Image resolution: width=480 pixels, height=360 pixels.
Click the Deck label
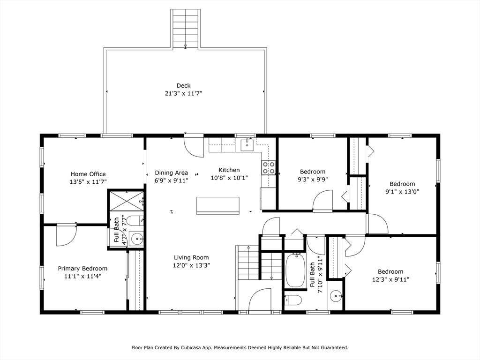point(183,86)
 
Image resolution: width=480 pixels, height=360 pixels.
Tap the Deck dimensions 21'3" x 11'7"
point(183,93)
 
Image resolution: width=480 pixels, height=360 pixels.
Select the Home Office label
point(88,174)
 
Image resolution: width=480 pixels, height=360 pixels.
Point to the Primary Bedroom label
point(82,269)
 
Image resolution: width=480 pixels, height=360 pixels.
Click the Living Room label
point(191,258)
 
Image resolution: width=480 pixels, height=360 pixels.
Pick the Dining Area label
point(172,173)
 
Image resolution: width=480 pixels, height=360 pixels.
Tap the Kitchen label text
point(229,170)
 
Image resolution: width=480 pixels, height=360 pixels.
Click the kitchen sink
point(247,145)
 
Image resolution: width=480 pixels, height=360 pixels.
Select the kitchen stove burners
point(268,168)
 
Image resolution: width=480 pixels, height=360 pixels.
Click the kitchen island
point(217,206)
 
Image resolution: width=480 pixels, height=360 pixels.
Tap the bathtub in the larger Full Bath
point(295,270)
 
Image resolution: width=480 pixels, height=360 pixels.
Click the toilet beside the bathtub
point(293,300)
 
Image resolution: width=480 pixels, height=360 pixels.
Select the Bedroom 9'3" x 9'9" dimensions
point(313,180)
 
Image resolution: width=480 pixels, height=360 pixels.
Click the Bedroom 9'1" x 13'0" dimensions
point(402,192)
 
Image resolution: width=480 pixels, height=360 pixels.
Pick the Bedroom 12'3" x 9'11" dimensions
point(390,279)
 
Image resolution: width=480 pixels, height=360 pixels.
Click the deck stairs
point(186,29)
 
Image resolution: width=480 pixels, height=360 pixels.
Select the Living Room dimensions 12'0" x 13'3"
point(191,265)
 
